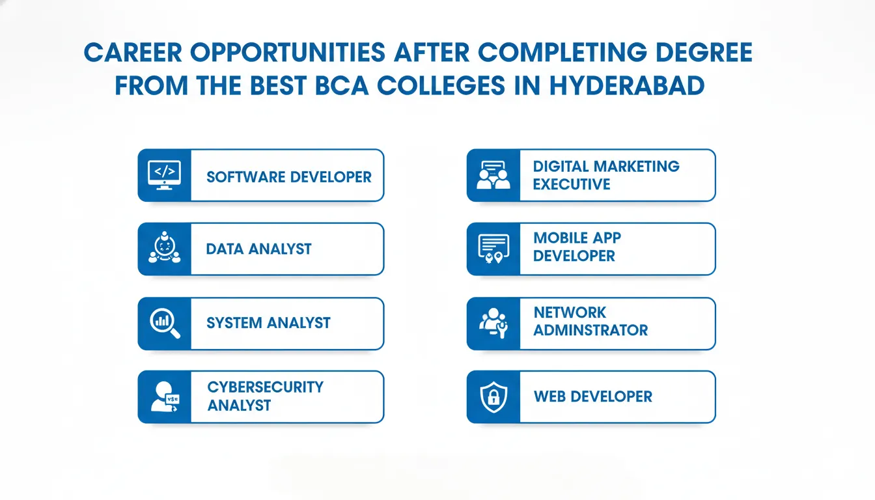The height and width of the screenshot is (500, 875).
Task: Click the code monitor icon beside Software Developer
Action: [165, 175]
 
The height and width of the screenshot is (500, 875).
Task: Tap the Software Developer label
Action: [289, 177]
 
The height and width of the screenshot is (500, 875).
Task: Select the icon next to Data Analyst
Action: [165, 247]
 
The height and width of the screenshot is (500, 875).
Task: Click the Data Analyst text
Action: [258, 249]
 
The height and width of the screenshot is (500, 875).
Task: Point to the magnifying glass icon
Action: [165, 324]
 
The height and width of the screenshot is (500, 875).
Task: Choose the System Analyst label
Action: [268, 323]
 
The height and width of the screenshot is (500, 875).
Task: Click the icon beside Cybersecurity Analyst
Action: [165, 396]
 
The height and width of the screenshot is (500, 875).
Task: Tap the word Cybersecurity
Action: [266, 387]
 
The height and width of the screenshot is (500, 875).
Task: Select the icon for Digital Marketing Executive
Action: [493, 175]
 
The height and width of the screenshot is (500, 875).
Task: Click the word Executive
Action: [572, 184]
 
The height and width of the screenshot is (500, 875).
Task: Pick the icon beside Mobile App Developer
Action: [493, 249]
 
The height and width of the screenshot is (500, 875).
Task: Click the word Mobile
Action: [557, 238]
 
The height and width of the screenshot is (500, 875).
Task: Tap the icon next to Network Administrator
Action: [493, 323]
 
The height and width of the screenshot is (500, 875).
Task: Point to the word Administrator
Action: [590, 331]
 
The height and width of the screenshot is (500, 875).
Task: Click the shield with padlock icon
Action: [493, 397]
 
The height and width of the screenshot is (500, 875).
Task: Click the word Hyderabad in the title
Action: [628, 85]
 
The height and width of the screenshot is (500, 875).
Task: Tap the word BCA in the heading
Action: [342, 85]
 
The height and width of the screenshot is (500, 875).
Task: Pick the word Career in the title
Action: [133, 53]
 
